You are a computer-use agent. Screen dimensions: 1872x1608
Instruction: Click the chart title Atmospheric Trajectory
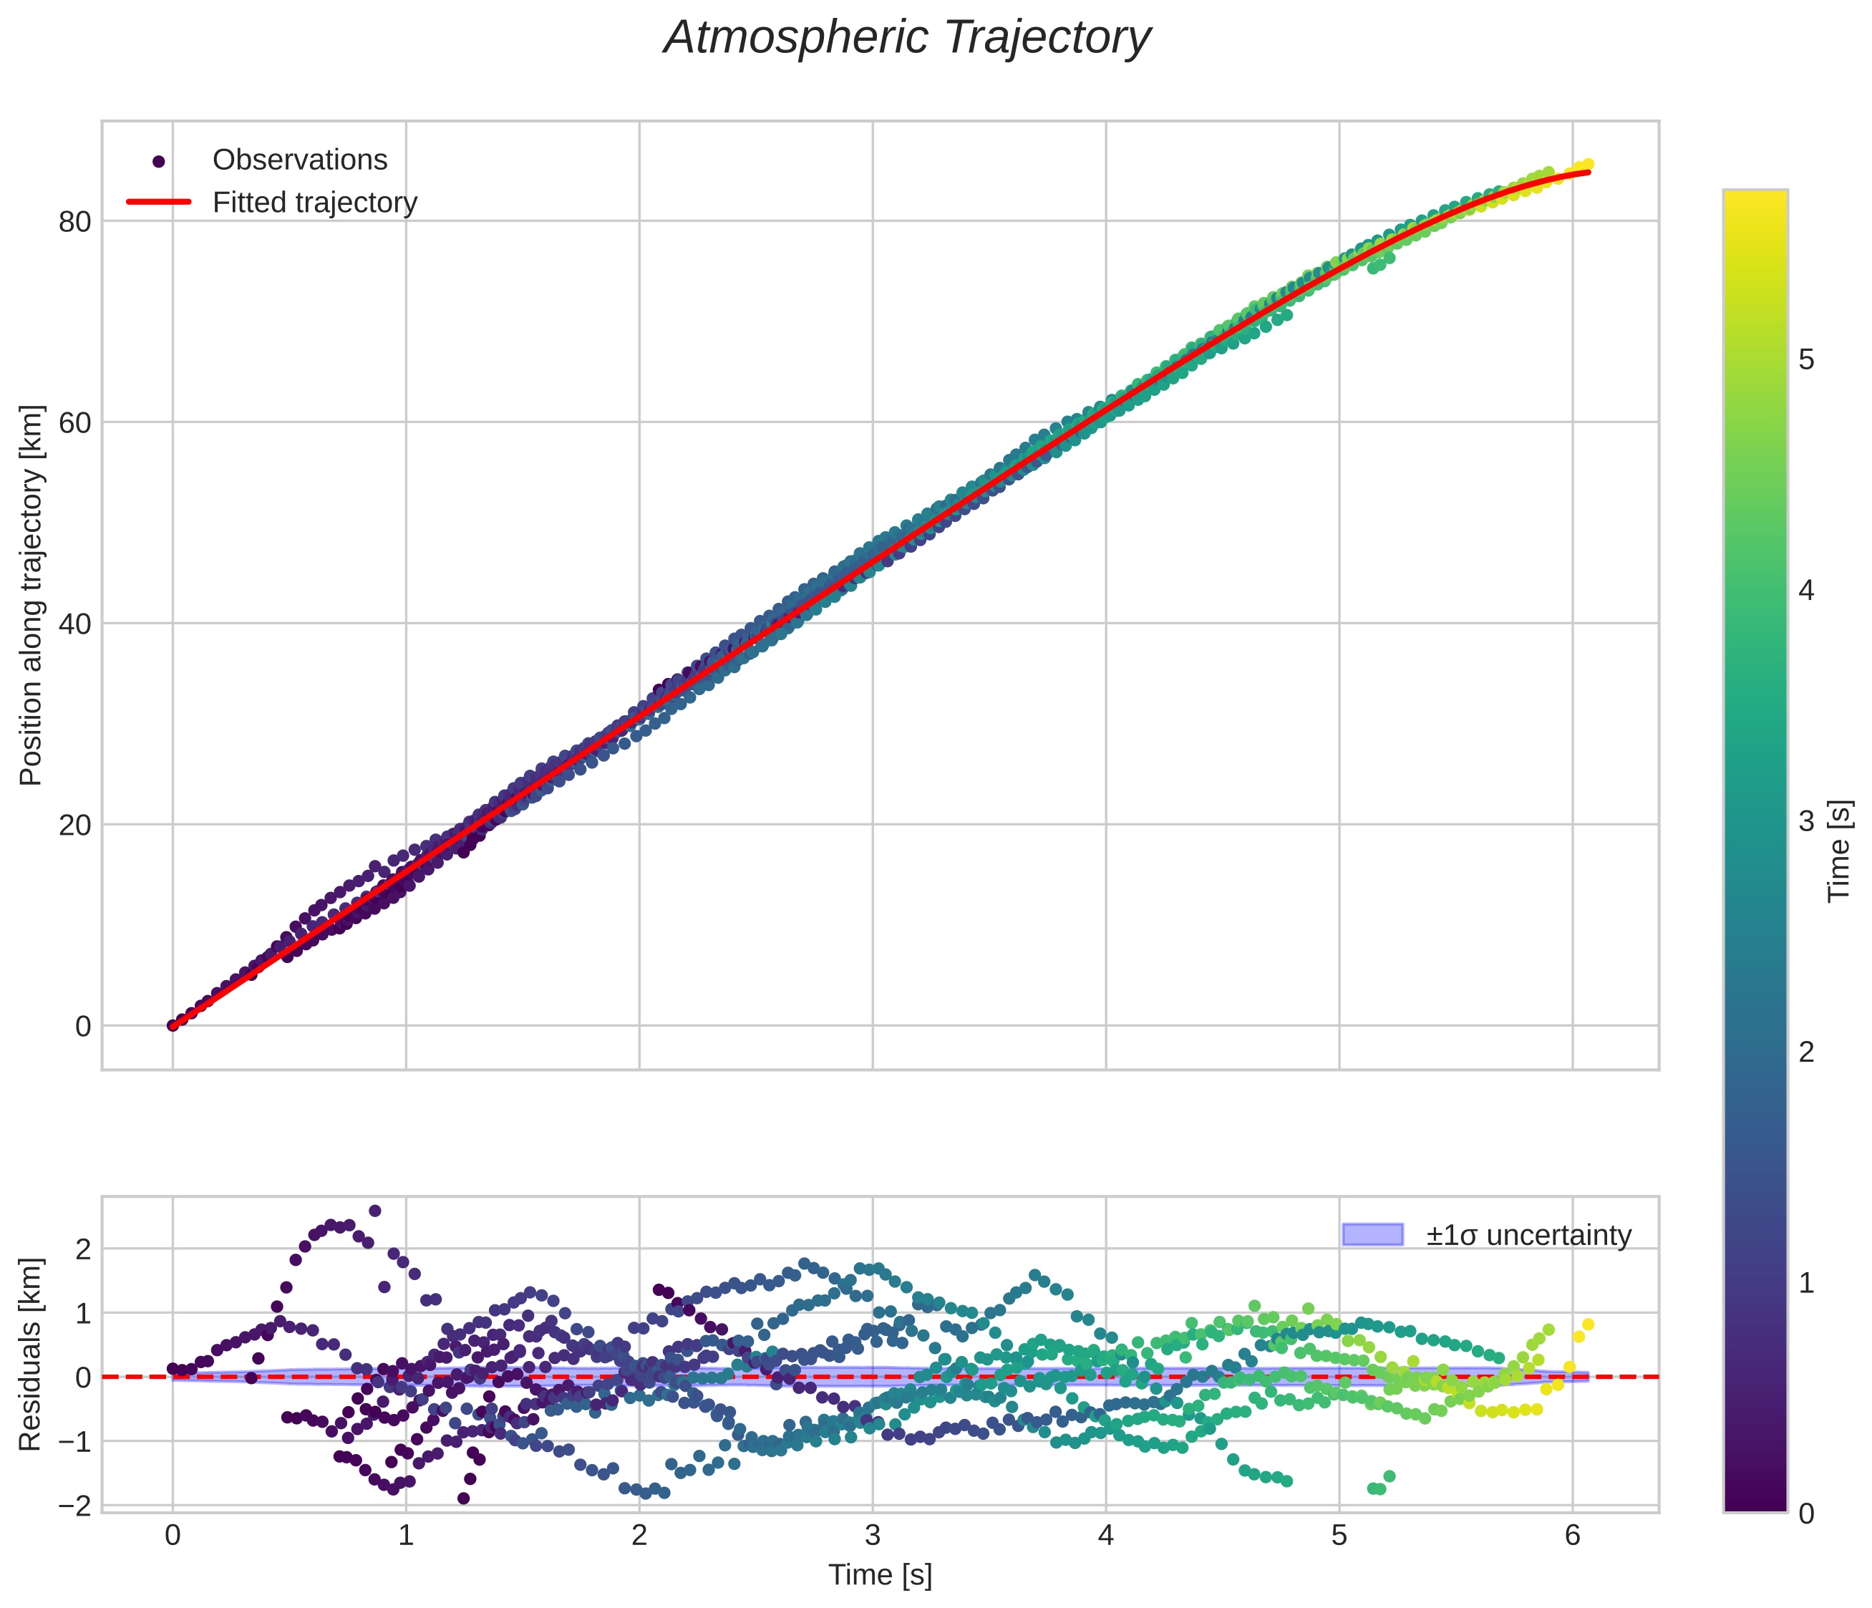pyautogui.click(x=906, y=38)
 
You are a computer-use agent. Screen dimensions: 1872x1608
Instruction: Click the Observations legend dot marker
pyautogui.click(x=159, y=162)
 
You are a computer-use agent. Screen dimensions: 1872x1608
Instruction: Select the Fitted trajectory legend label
pyautogui.click(x=314, y=203)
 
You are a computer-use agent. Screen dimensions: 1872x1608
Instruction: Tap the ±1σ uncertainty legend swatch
pyautogui.click(x=1372, y=1234)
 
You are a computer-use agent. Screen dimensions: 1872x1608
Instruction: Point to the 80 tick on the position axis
pyautogui.click(x=75, y=221)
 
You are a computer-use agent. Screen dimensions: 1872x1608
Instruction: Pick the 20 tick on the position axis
pyautogui.click(x=75, y=825)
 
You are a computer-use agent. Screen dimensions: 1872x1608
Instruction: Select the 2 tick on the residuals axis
pyautogui.click(x=83, y=1249)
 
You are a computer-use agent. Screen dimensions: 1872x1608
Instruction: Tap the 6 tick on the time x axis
pyautogui.click(x=1573, y=1536)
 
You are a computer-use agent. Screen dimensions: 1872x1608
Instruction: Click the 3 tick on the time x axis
pyautogui.click(x=873, y=1536)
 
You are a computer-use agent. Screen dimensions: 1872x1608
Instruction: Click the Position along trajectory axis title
pyautogui.click(x=31, y=596)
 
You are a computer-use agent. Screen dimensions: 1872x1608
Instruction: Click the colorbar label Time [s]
pyautogui.click(x=1840, y=851)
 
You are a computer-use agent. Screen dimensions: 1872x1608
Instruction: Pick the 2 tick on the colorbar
pyautogui.click(x=1806, y=1052)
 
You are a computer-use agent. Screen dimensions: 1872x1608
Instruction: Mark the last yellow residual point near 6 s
pyautogui.click(x=1589, y=1324)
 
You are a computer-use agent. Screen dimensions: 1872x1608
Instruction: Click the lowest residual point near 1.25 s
pyautogui.click(x=463, y=1498)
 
